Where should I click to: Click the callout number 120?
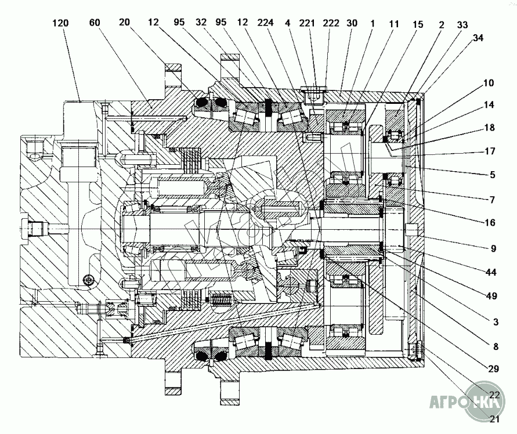coord(61,23)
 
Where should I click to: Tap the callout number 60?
coord(95,23)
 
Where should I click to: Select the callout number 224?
coord(266,23)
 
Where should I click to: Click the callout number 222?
coord(331,23)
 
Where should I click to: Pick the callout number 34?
coord(478,38)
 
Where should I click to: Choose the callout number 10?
coord(489,82)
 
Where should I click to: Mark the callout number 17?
coord(490,151)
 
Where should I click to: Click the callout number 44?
coord(491,272)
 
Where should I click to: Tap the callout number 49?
coord(491,296)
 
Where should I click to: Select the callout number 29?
coord(493,368)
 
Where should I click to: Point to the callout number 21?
coord(494,419)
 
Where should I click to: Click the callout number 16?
coord(490,223)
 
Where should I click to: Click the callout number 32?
coord(201,22)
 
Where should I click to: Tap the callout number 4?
coord(288,23)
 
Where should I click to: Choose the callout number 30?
coord(352,23)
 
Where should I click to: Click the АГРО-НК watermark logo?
coord(467,402)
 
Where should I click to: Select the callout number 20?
coord(125,22)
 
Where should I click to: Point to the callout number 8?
coord(496,346)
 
